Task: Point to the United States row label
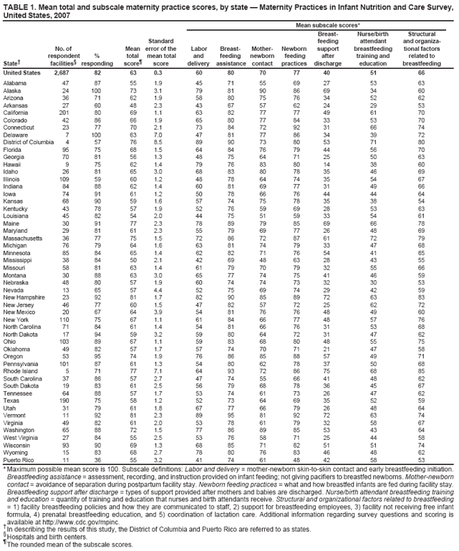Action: pyautogui.click(x=22, y=72)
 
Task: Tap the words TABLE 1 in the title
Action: pyautogui.click(x=20, y=5)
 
